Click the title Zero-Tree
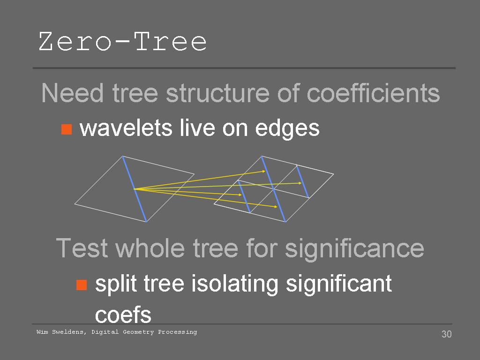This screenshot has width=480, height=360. pos(123,41)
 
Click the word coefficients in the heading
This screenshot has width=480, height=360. pos(373,93)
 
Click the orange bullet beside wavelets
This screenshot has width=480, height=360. pos(67,129)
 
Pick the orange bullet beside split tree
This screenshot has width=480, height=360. pos(82,285)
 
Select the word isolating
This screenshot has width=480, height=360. pos(235,284)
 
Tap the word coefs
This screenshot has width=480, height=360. pos(123,315)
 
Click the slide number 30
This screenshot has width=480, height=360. pos(447,334)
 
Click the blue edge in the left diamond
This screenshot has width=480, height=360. pos(135,189)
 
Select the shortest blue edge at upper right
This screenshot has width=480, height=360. pos(302,181)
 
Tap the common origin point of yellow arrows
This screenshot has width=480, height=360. pos(134,189)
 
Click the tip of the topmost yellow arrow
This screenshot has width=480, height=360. pos(265,171)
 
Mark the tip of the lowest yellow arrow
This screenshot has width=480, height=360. pos(277,207)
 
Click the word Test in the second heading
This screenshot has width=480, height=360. pos(82,248)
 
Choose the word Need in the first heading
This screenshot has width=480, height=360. pos(72,93)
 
